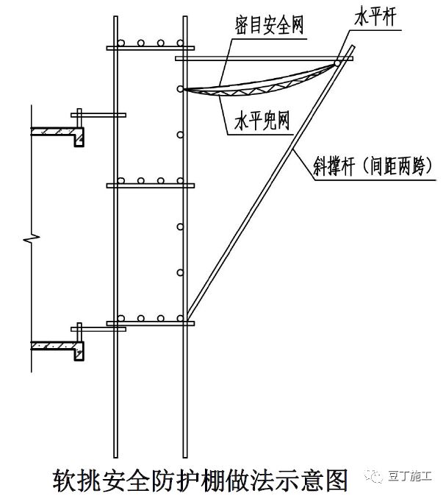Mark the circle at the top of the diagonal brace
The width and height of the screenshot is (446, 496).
tap(337, 64)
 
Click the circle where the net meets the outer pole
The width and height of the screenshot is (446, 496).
tap(180, 89)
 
